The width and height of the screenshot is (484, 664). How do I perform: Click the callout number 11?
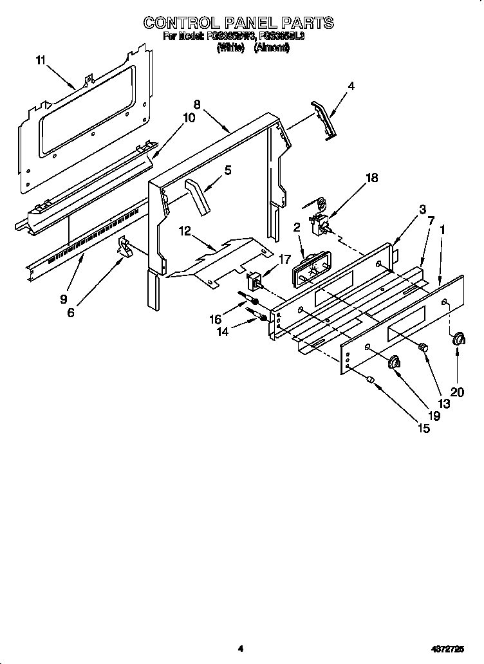(x=41, y=61)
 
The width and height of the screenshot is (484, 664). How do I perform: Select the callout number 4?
(x=351, y=86)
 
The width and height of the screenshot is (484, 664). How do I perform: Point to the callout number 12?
(x=185, y=230)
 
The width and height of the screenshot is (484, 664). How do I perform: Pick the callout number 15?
(x=423, y=427)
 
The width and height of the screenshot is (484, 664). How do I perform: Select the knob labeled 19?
(x=393, y=364)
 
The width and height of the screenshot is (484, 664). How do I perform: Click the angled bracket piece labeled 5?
(x=197, y=198)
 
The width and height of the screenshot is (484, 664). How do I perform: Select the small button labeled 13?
(x=423, y=347)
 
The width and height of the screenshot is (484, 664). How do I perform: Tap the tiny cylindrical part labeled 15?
(x=370, y=380)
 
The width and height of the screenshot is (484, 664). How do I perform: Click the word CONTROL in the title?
(x=181, y=23)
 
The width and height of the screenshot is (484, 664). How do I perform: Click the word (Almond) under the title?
(x=272, y=48)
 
